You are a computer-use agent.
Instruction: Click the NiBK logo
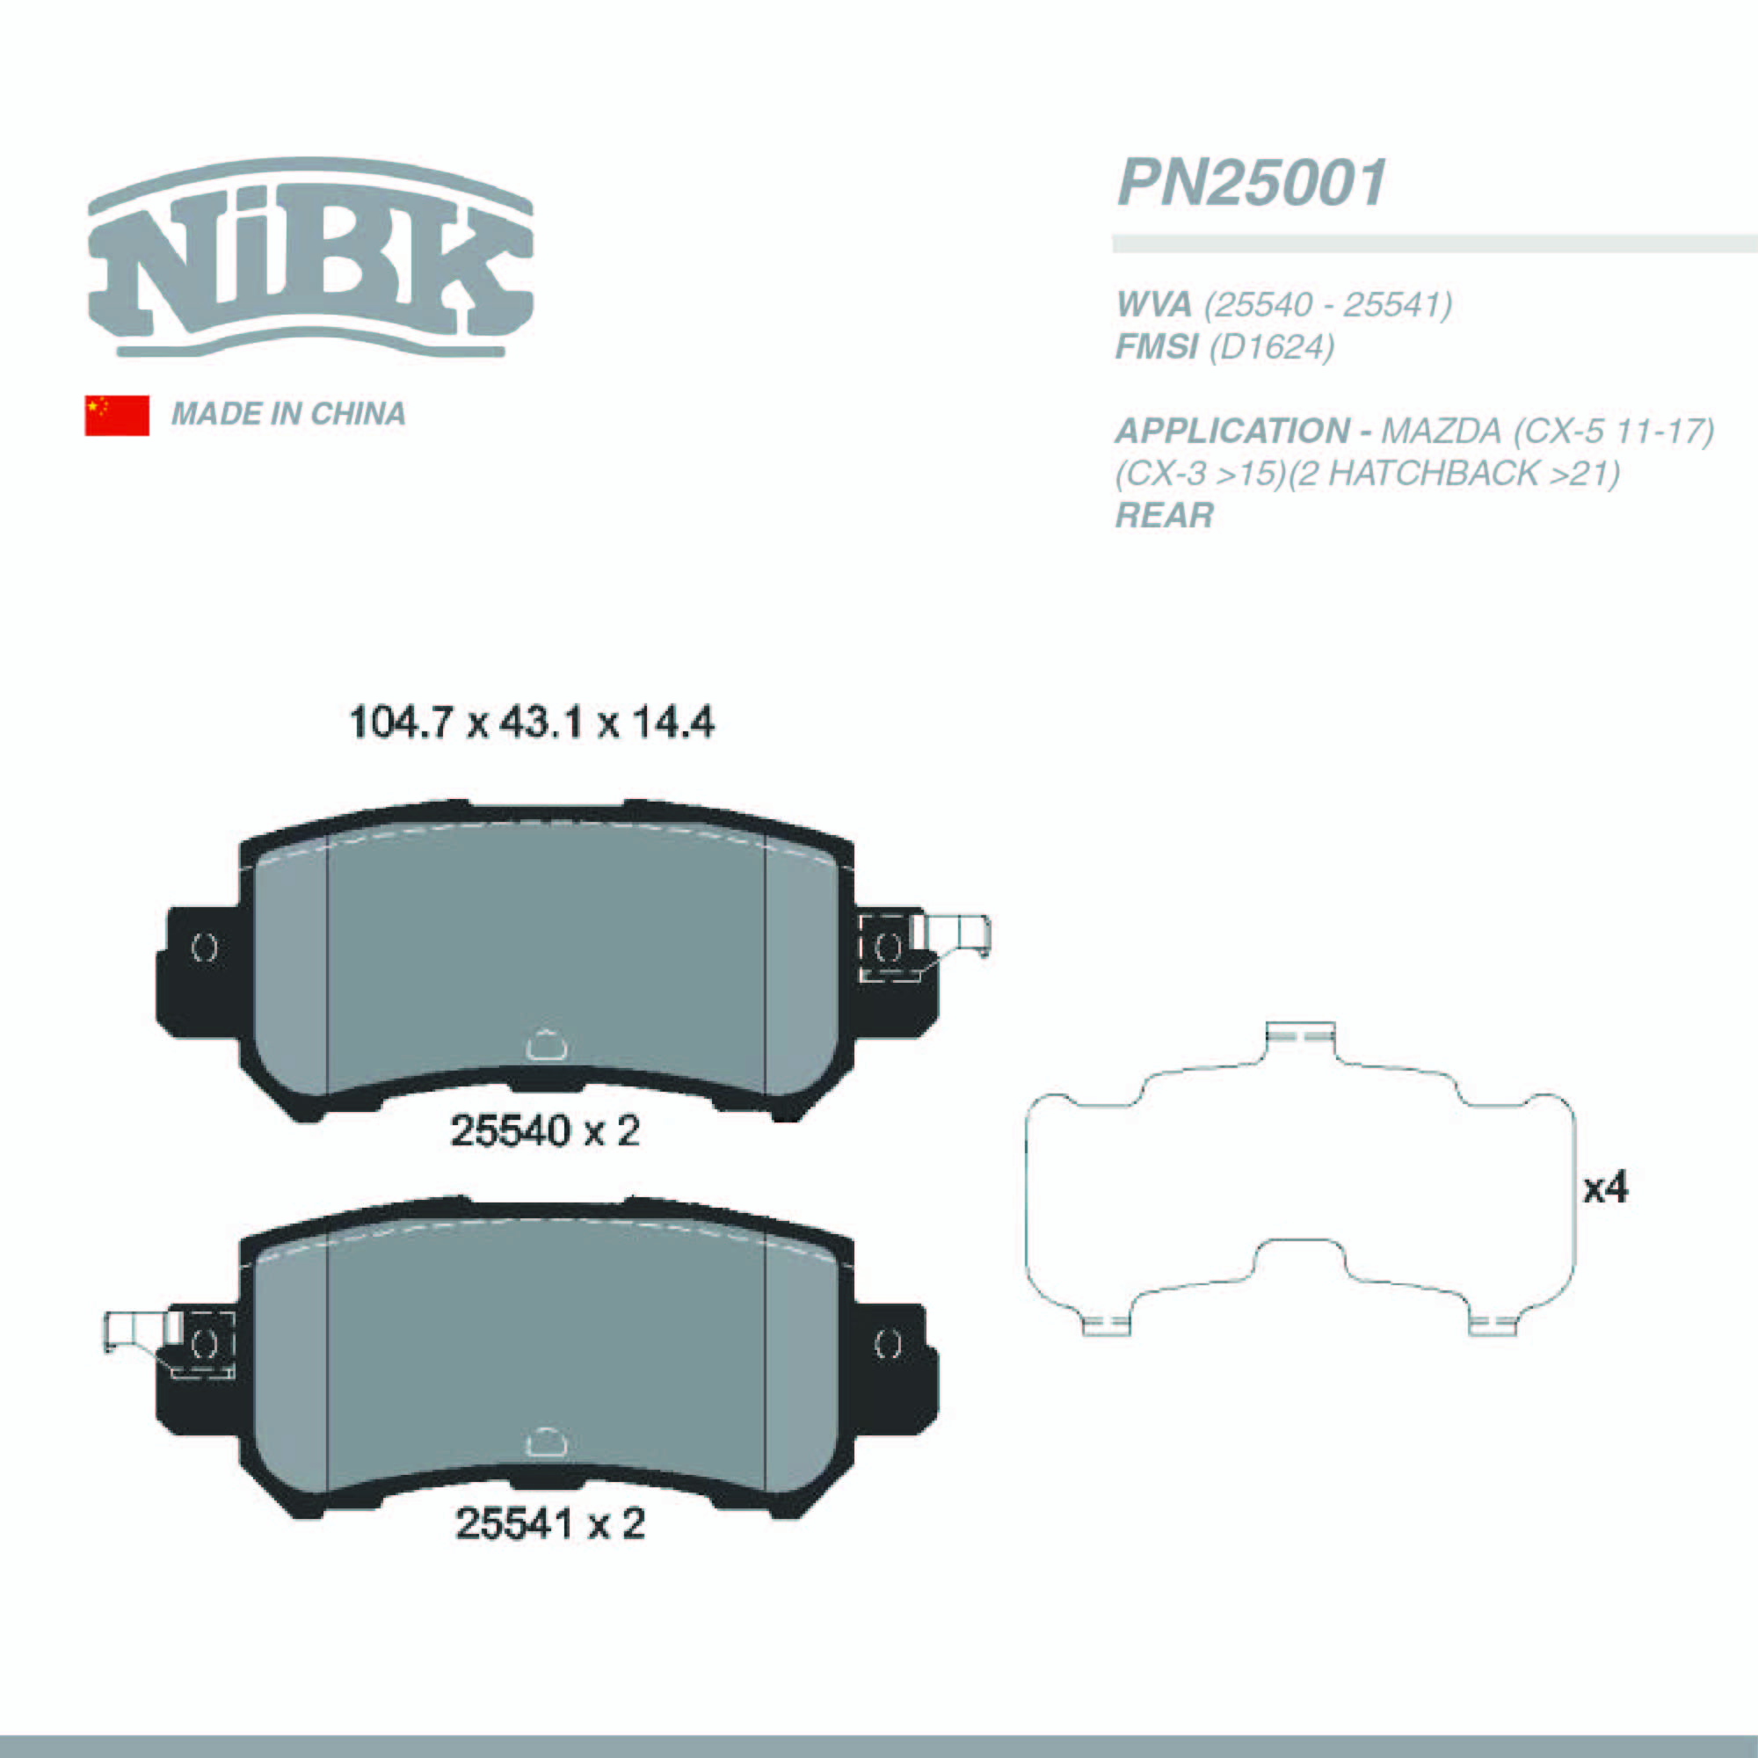point(310,258)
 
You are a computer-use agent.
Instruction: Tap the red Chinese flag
point(118,415)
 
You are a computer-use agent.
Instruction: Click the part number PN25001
point(1252,183)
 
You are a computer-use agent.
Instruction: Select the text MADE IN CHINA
point(288,414)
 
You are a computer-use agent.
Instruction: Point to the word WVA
point(1154,304)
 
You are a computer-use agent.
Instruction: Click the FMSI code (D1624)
point(1271,346)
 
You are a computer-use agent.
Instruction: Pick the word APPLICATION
point(1233,431)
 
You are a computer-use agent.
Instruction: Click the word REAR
point(1165,515)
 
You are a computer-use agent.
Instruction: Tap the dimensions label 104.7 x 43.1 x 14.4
point(532,723)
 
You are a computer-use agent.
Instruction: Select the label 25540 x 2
point(545,1132)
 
